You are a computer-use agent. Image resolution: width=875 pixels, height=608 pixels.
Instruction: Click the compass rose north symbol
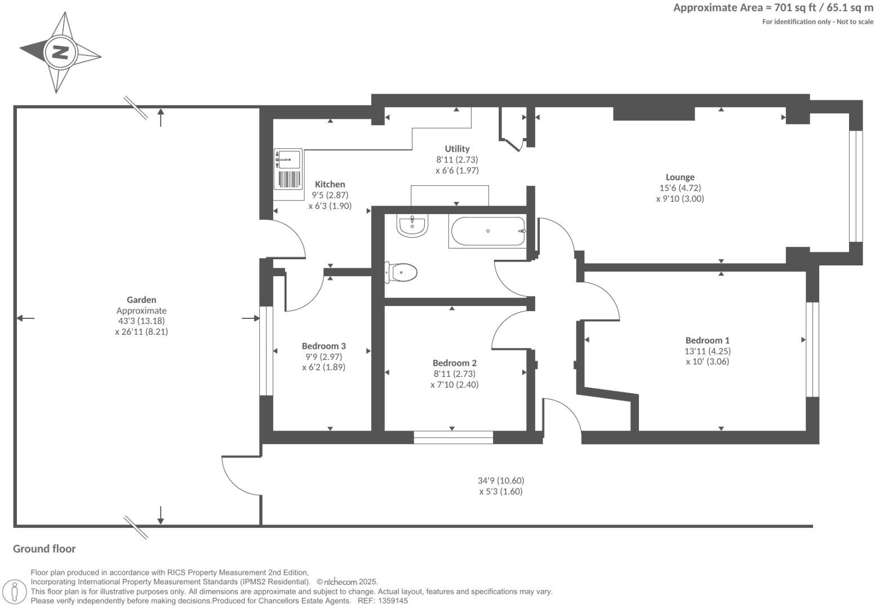click(x=60, y=52)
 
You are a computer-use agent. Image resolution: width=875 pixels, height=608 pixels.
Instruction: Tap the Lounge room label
click(x=680, y=177)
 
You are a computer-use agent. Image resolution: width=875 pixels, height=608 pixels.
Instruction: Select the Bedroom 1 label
click(x=707, y=340)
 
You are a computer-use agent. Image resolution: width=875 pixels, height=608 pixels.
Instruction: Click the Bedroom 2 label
click(x=455, y=363)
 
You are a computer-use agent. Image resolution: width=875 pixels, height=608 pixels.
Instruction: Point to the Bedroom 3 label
click(x=323, y=346)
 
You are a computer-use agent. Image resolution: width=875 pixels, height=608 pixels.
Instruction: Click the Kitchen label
click(x=330, y=184)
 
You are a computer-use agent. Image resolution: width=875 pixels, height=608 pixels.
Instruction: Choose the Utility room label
click(x=457, y=149)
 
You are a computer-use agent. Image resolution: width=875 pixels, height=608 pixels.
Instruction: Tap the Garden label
click(x=141, y=300)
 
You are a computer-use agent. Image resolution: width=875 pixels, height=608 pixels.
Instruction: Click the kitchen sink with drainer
click(x=288, y=169)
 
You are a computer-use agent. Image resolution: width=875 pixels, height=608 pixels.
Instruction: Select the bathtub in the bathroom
click(x=488, y=231)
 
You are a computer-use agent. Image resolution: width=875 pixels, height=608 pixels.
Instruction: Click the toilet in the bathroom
click(x=402, y=273)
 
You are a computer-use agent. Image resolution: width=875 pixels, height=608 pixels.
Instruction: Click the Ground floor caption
click(x=44, y=549)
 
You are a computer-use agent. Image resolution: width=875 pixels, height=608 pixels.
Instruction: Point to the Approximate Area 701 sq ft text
click(x=773, y=8)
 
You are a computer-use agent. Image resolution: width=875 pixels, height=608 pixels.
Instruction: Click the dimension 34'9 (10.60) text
click(x=501, y=481)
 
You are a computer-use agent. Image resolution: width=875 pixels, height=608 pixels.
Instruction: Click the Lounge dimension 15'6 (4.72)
click(x=680, y=188)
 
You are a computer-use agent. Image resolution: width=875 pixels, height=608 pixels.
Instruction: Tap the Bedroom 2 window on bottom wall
click(x=453, y=437)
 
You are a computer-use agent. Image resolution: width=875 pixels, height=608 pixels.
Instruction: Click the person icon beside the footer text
click(x=15, y=592)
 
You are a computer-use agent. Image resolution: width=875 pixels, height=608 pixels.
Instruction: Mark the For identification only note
click(x=818, y=22)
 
